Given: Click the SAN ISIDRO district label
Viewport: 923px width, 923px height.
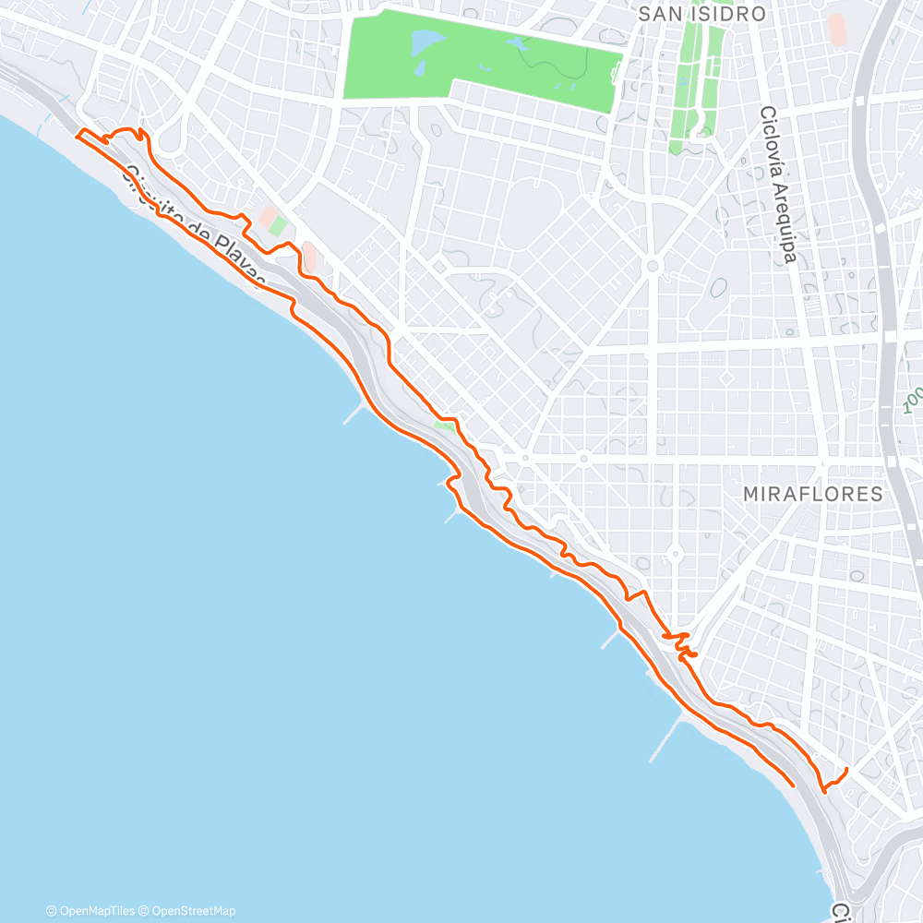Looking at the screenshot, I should pos(702,14).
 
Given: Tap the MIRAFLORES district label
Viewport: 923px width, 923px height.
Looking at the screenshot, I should pos(812,494).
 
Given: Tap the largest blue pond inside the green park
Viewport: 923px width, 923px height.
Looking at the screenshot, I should pos(426,42).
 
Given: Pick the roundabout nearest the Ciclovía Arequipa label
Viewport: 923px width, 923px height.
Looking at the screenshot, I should pos(653,266).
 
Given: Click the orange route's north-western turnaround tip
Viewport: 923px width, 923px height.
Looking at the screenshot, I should pos(78,134).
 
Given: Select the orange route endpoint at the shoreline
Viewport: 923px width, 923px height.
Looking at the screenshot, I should pos(793,785).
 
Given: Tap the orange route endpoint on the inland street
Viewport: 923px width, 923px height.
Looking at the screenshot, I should pos(846,769).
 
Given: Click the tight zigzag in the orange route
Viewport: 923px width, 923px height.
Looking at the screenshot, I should pos(681,643).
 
